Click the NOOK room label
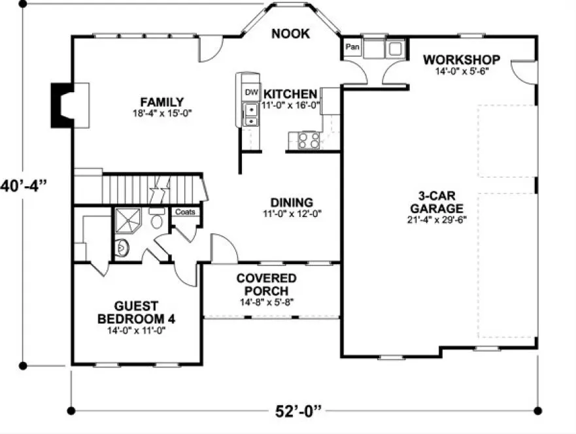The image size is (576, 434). coord(290,33)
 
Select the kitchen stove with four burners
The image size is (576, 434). coord(309,139)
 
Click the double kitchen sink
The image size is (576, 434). coord(251,115)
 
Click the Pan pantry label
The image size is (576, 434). coord(352,48)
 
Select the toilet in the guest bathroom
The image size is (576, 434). coord(157,219)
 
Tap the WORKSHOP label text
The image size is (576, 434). coord(461,60)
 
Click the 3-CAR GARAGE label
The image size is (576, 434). coord(441,202)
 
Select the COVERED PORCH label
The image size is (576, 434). coord(266,284)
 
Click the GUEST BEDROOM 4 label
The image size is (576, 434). coord(136,312)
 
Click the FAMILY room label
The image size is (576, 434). coord(161,101)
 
